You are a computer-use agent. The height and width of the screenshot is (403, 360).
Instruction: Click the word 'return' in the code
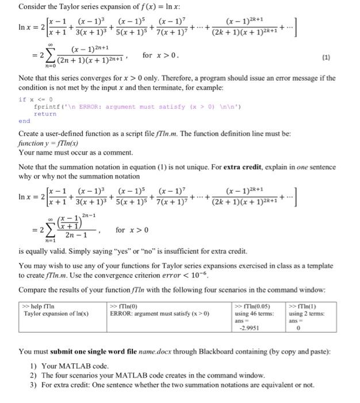click(45, 114)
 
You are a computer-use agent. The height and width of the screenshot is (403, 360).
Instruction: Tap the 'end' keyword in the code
click(24, 121)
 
